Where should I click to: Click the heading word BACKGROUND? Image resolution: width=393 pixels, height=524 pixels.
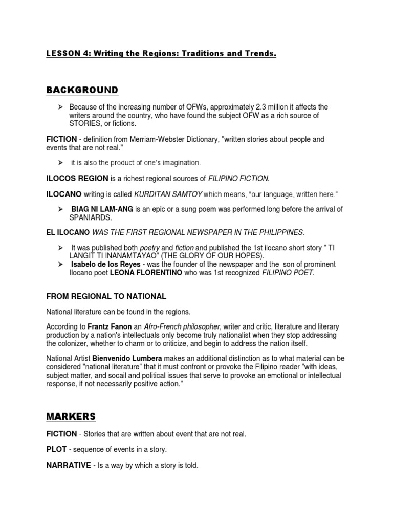coord(82,91)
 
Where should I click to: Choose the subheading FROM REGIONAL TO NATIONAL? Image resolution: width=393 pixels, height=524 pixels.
coord(106,296)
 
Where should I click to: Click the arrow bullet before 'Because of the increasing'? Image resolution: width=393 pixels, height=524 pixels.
coord(60,107)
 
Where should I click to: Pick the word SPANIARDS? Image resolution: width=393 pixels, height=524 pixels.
coord(90,217)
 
